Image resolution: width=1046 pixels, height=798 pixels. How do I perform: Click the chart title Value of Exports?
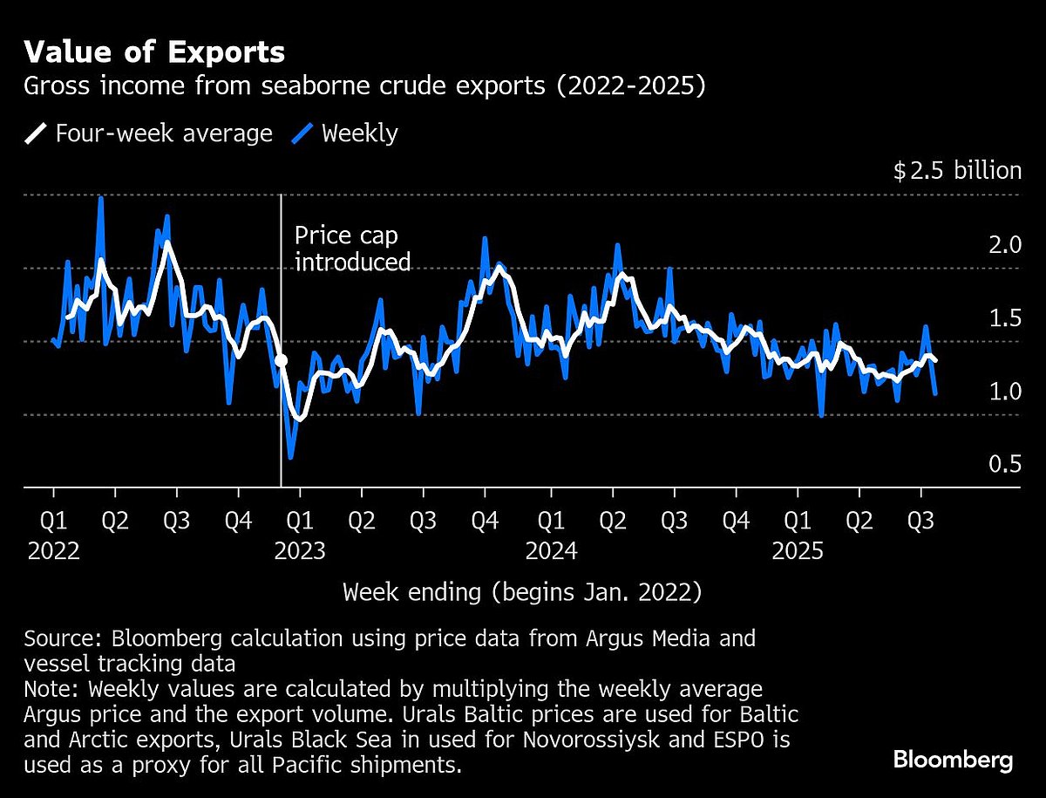tap(154, 52)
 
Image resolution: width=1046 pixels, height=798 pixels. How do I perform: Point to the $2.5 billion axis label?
tap(957, 170)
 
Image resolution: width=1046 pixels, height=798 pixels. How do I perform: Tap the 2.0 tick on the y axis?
tap(1005, 244)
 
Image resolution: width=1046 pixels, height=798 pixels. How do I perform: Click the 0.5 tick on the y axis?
tap(1005, 464)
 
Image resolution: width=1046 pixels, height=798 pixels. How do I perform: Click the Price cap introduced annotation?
tap(352, 249)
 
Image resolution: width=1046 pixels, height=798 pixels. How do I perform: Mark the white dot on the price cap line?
tap(281, 359)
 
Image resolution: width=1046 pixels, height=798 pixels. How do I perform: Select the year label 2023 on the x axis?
tap(300, 551)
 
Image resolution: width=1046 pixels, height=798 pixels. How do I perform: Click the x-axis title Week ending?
tap(522, 592)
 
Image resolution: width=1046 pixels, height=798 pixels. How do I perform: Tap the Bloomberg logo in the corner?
tap(953, 760)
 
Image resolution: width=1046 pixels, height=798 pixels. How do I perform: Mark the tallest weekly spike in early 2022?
tap(101, 198)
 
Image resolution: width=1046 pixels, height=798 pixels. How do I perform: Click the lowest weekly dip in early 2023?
tap(290, 457)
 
